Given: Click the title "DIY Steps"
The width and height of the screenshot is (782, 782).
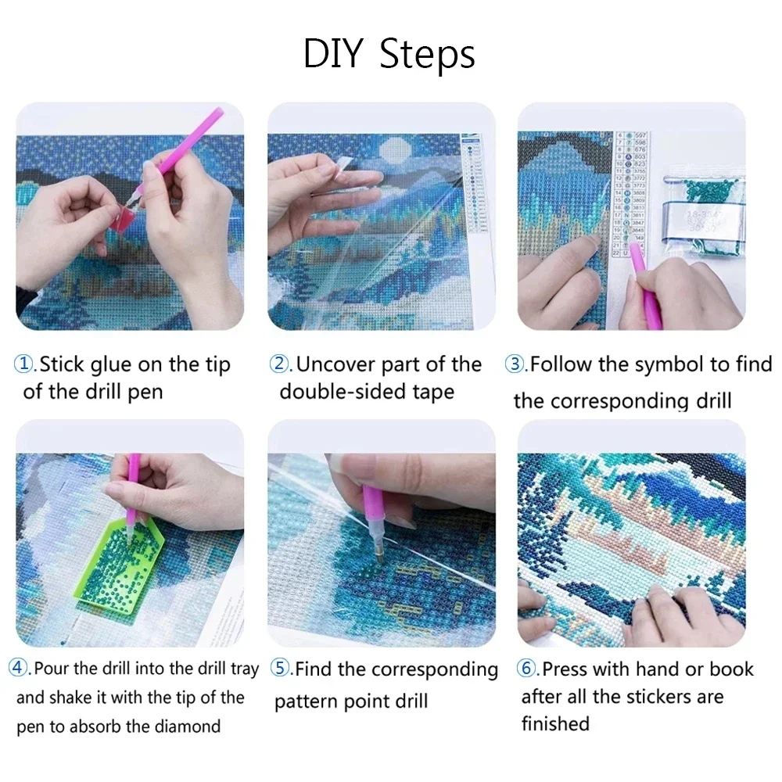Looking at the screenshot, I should click(x=389, y=55).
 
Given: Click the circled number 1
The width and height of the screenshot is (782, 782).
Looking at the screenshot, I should click(x=25, y=364).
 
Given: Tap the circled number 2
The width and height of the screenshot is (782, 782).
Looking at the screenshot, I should click(x=279, y=364).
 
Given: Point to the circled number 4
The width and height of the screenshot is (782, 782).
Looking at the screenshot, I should click(x=19, y=669).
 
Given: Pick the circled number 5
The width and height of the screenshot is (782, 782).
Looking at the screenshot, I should click(x=280, y=669).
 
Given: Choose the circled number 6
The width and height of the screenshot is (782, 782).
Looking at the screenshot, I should click(x=526, y=669).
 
